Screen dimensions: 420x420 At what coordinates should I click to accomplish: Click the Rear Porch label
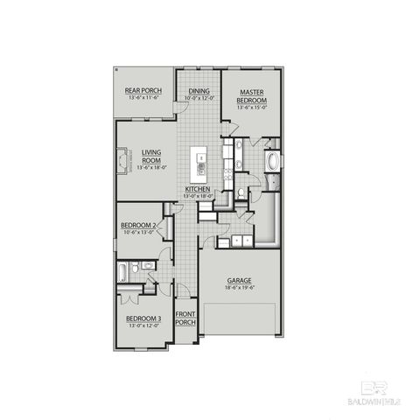[x=145, y=90]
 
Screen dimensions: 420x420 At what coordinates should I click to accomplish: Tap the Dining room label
[x=199, y=89]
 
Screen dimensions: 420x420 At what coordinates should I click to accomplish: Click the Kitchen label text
[x=197, y=189]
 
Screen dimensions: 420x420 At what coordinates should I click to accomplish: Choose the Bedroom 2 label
[x=138, y=225]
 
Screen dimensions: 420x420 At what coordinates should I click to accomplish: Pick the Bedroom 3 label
[x=143, y=318]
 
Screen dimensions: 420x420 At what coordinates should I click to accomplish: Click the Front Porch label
[x=185, y=318]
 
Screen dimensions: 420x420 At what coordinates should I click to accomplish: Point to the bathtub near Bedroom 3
[x=124, y=272]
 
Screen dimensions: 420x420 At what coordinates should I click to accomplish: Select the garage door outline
[x=240, y=318]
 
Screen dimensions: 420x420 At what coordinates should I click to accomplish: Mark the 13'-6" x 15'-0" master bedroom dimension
[x=251, y=108]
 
